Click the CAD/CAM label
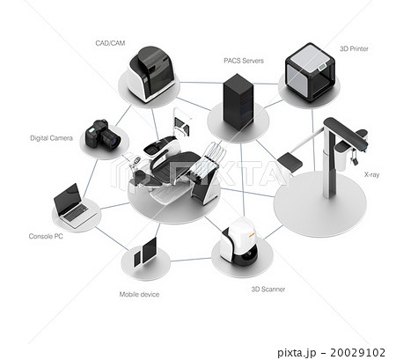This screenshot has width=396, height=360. [x=110, y=43]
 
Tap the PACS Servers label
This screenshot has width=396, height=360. [x=244, y=61]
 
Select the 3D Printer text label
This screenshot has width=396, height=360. [x=354, y=48]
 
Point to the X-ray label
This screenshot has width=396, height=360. [x=371, y=174]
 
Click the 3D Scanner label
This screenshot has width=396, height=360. [x=268, y=290]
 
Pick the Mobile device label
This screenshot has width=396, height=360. [x=139, y=294]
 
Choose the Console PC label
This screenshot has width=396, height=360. [x=46, y=236]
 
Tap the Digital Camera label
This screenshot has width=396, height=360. [x=51, y=138]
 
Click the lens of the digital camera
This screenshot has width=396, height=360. [x=114, y=140]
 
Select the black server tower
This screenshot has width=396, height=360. [x=238, y=101]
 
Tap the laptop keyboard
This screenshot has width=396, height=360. [x=77, y=213]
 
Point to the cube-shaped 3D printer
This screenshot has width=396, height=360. [x=310, y=72]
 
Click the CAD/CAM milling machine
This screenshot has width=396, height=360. [x=150, y=75]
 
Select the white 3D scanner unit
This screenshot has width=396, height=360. [x=238, y=240]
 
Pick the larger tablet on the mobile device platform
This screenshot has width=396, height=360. [x=150, y=250]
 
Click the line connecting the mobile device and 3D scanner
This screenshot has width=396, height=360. [x=190, y=260]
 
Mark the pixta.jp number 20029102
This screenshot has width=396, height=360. [x=357, y=352]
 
